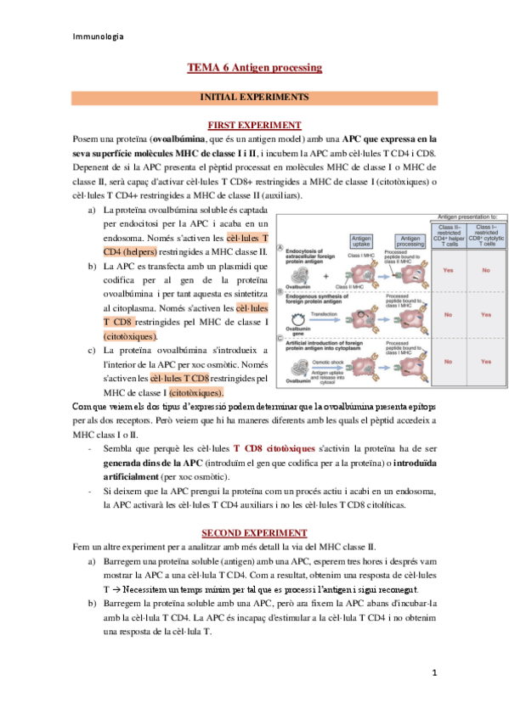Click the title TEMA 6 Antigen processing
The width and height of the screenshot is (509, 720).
(x=254, y=67)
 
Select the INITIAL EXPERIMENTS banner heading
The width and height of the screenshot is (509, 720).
(x=254, y=98)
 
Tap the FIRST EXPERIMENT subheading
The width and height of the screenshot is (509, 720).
(x=254, y=125)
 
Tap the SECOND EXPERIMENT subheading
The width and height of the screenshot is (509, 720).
(x=254, y=533)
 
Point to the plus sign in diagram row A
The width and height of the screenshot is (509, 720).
(x=327, y=276)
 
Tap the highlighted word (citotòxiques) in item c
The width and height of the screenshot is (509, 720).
(x=195, y=393)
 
